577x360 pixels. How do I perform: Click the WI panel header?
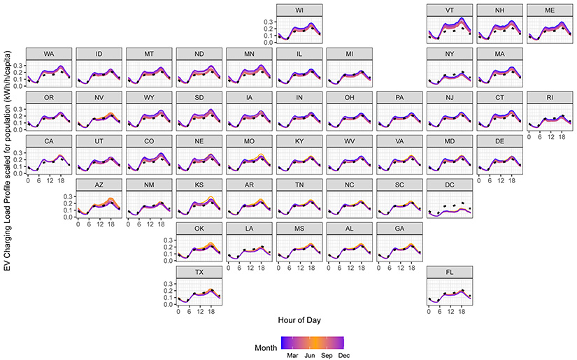[x=299, y=10]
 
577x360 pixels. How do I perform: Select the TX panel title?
[x=199, y=273]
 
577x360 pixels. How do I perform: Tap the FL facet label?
[x=450, y=273]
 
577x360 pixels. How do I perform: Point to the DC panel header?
[x=450, y=185]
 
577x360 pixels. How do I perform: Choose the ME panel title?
[x=550, y=10]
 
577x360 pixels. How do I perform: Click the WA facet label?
[x=49, y=54]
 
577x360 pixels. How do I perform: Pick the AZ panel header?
[x=99, y=185]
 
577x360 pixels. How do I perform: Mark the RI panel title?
[x=550, y=97]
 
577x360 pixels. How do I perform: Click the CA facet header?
[x=49, y=141]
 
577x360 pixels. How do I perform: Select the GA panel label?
[x=400, y=229]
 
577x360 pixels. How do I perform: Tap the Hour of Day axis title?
[x=299, y=319]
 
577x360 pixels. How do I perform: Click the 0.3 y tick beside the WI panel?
[x=268, y=22]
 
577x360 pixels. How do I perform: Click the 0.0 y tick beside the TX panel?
[x=168, y=305]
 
